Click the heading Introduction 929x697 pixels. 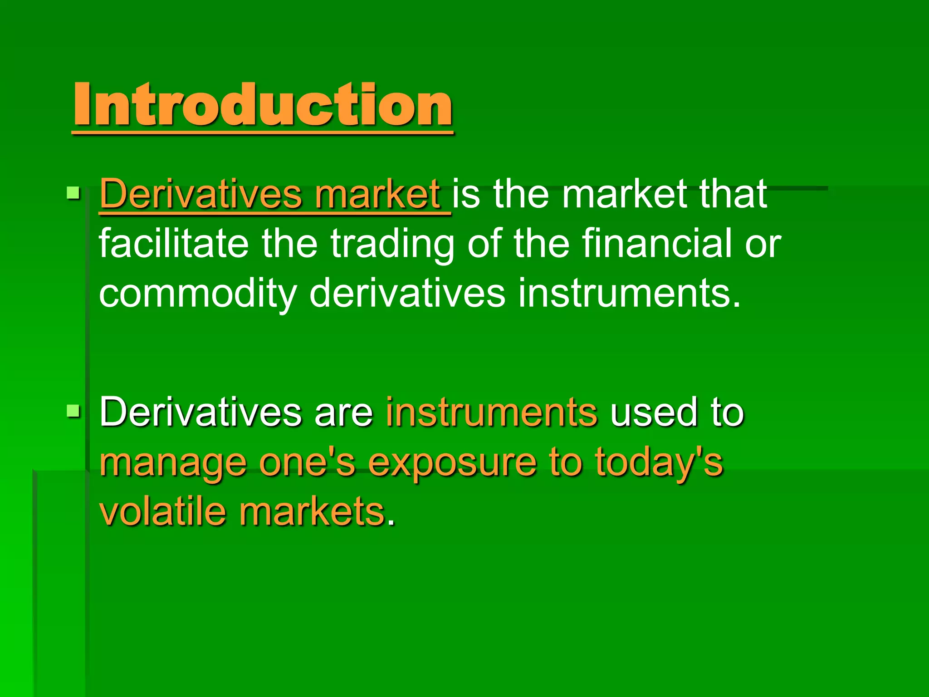point(263,105)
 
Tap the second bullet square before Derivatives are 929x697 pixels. point(73,411)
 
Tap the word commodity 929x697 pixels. point(198,294)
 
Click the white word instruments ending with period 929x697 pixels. point(629,294)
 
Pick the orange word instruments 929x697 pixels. point(492,412)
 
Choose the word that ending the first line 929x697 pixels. point(733,194)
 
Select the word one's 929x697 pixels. point(307,462)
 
